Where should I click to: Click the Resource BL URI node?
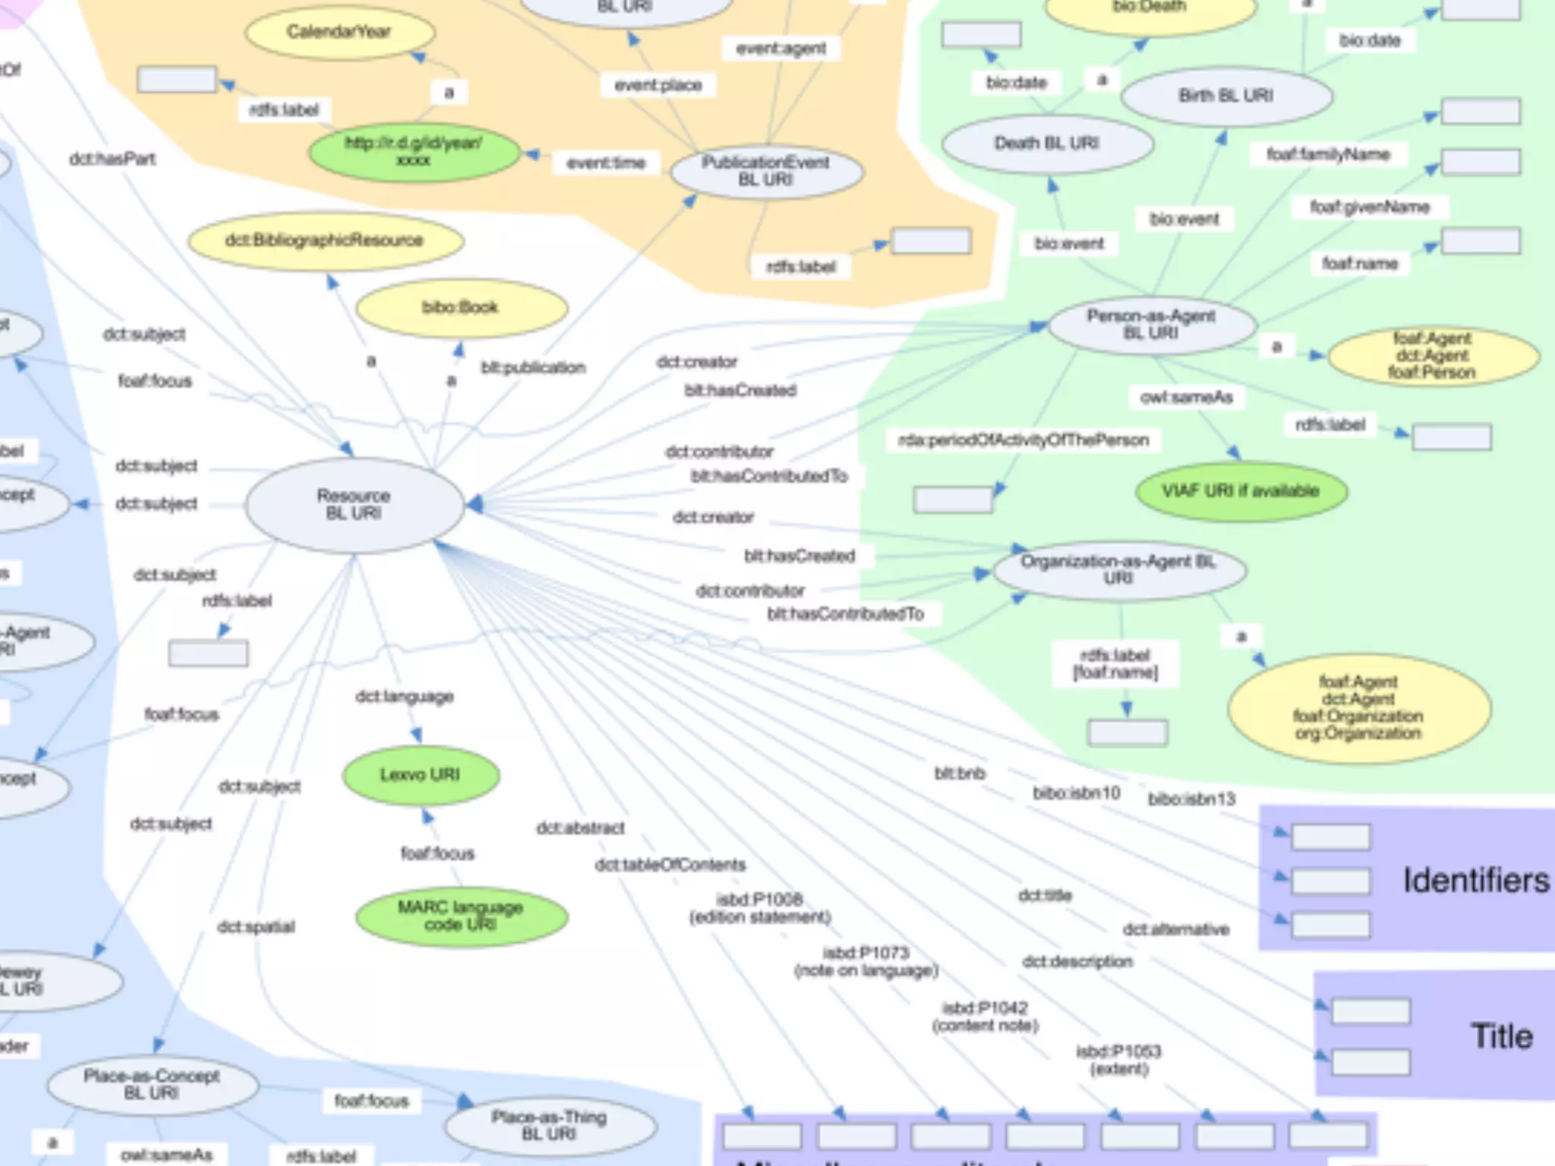tap(354, 504)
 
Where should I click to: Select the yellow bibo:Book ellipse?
tap(461, 307)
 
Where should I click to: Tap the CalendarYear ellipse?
tap(339, 32)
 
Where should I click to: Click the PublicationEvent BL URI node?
tap(766, 172)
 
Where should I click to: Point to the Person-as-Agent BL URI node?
tap(1151, 324)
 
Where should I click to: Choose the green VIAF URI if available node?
tap(1241, 491)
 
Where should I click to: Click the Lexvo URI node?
tap(421, 775)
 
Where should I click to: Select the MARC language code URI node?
tap(461, 915)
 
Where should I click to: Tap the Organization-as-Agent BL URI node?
tap(1118, 569)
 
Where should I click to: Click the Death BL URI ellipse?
tap(1047, 143)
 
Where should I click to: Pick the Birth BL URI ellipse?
tap(1225, 96)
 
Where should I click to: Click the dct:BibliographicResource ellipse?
tap(325, 241)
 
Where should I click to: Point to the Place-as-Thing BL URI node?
tap(549, 1125)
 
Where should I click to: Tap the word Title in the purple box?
tap(1502, 1036)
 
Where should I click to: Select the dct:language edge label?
tap(405, 697)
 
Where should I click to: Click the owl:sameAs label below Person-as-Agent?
tap(1186, 397)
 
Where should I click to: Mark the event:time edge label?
tap(606, 163)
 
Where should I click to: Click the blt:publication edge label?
tap(533, 367)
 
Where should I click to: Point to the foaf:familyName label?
tap(1328, 155)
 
